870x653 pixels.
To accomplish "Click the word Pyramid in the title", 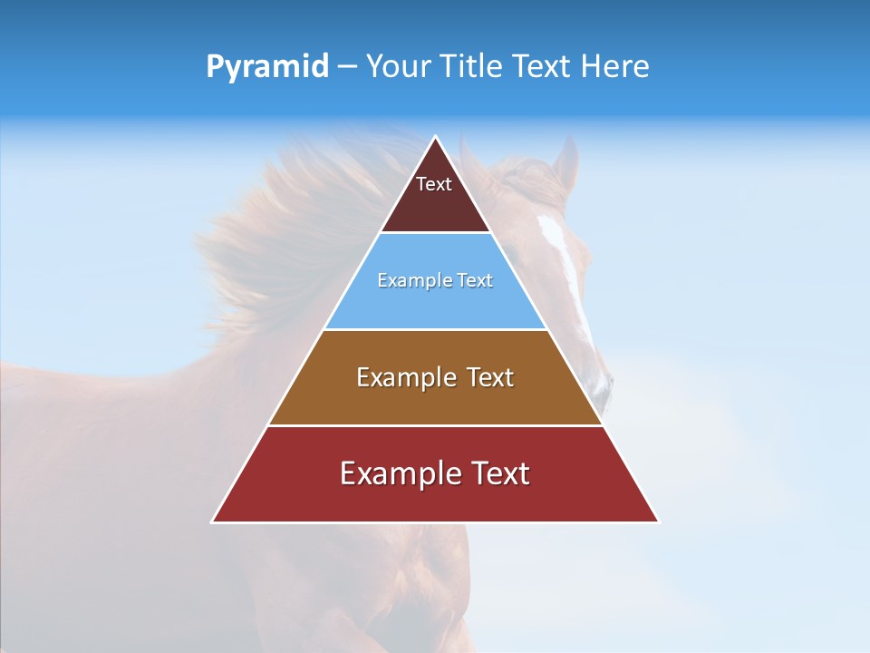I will coord(267,67).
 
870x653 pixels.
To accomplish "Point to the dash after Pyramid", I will coord(347,67).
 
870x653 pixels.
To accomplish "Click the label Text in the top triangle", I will coord(434,184).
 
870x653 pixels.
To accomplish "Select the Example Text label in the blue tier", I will coord(435,280).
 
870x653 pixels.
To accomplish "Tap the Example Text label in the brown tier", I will coord(435,377).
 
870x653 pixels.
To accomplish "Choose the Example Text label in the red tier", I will coord(435,473).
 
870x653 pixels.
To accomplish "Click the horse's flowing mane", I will coord(272,236).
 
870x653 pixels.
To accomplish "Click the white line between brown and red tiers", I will coord(435,425).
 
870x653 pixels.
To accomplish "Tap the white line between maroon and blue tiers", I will coord(435,233).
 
